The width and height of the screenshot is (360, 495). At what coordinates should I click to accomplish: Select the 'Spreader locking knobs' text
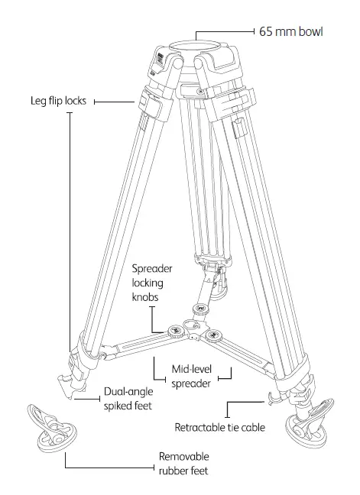pos(154,282)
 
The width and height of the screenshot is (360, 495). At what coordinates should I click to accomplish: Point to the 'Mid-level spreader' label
pos(190,377)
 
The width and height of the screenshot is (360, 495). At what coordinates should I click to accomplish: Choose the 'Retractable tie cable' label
pos(219,427)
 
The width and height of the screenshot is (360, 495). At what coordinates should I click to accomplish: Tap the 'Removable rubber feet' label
pos(183,464)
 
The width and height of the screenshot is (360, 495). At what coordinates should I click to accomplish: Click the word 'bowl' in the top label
pos(310,32)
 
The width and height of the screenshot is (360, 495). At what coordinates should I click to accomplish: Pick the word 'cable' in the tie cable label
pos(251,427)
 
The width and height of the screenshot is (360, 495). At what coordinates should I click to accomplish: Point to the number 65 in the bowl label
pos(266,32)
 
